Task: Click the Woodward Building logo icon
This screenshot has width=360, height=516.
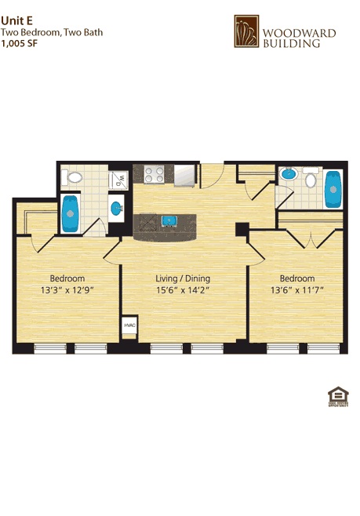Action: (x=247, y=31)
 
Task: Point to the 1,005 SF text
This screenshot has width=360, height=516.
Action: (x=19, y=44)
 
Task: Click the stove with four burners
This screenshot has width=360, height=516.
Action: (x=147, y=173)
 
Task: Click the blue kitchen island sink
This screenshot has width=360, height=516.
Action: (x=167, y=221)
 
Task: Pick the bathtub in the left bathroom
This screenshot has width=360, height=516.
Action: (x=71, y=214)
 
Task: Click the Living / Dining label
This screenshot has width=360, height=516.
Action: (x=182, y=278)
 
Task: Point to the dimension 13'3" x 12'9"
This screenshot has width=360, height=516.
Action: (x=67, y=290)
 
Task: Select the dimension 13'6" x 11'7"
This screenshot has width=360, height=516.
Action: (x=297, y=290)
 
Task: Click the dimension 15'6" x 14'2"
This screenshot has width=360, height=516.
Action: (x=182, y=290)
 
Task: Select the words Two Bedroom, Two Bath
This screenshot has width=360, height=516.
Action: (x=52, y=33)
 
